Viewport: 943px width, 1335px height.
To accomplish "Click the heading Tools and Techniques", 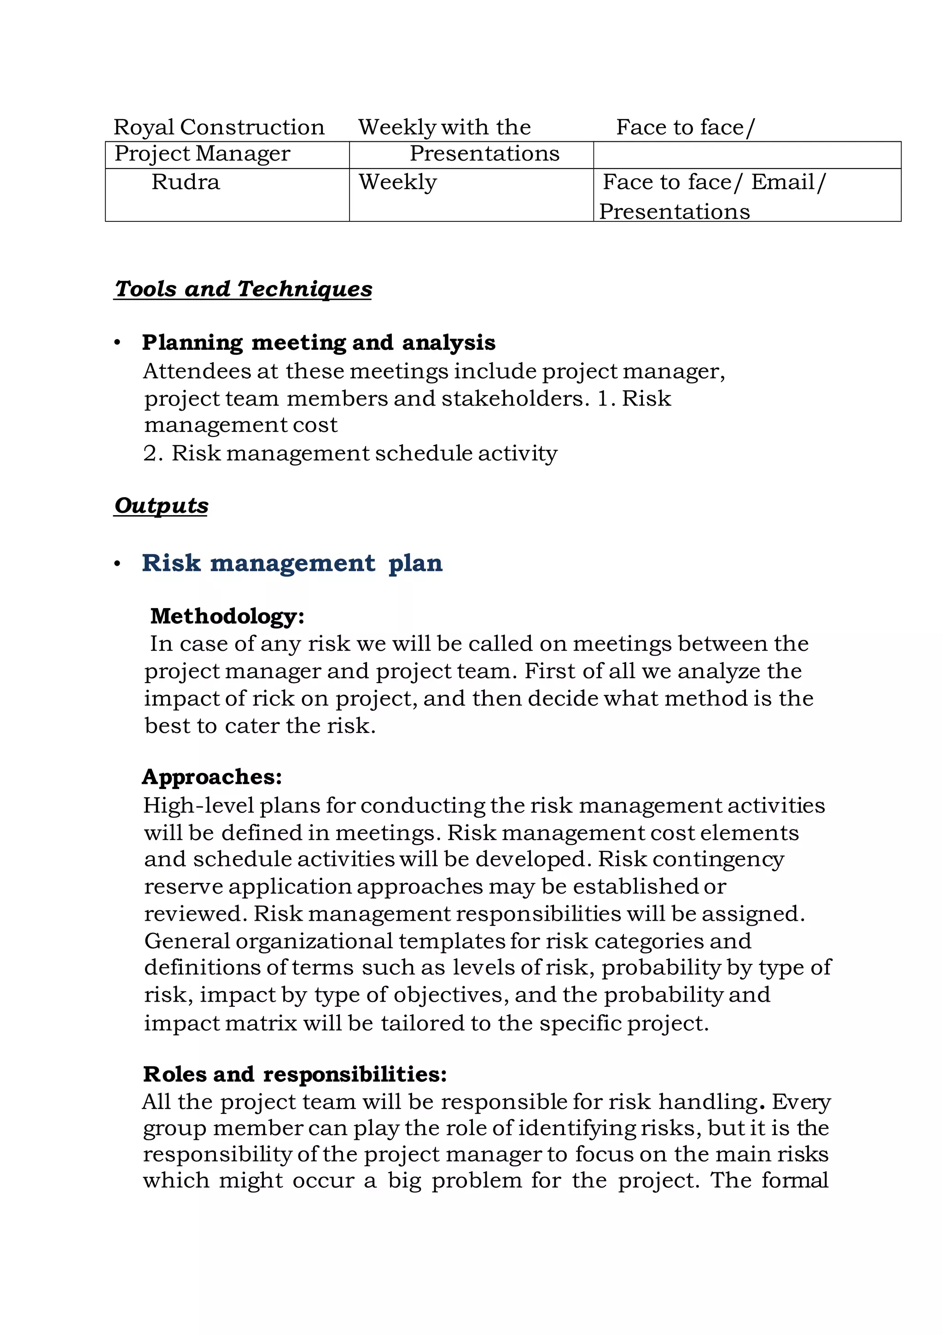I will (x=243, y=289).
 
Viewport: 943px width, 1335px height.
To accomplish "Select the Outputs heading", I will (x=161, y=505).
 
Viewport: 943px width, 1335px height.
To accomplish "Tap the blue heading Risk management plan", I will (x=292, y=563).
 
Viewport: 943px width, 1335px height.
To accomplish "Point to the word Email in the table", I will (x=782, y=182).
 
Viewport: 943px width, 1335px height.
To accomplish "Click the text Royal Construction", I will (x=219, y=128).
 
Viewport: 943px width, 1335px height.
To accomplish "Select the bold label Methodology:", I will (x=227, y=616).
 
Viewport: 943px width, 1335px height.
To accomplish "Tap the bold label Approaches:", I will (x=212, y=777).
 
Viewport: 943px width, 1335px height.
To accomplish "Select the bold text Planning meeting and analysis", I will (x=318, y=342).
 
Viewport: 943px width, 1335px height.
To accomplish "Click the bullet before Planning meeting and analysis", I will (x=117, y=343).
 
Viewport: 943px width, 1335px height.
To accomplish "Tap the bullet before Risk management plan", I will (x=117, y=564).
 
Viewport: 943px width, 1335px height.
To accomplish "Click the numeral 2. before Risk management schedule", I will (x=152, y=453).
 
